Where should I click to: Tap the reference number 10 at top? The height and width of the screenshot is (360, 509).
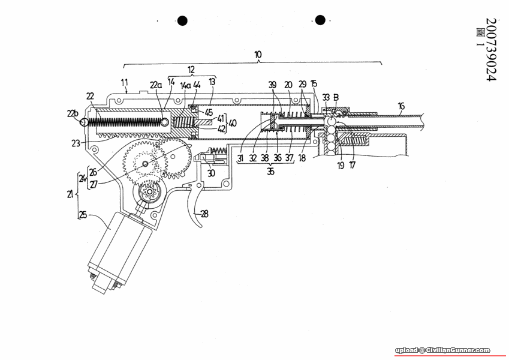pos(258,54)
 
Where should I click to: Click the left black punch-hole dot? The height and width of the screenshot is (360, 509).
pos(182,21)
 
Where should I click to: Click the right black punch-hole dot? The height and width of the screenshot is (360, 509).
pos(320,20)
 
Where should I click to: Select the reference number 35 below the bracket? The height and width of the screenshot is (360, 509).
pos(271,171)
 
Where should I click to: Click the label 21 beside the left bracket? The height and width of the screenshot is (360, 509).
pos(71,194)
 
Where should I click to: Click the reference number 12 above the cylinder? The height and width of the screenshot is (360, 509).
pos(191,70)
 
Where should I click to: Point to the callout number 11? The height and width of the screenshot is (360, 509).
pos(124,82)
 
